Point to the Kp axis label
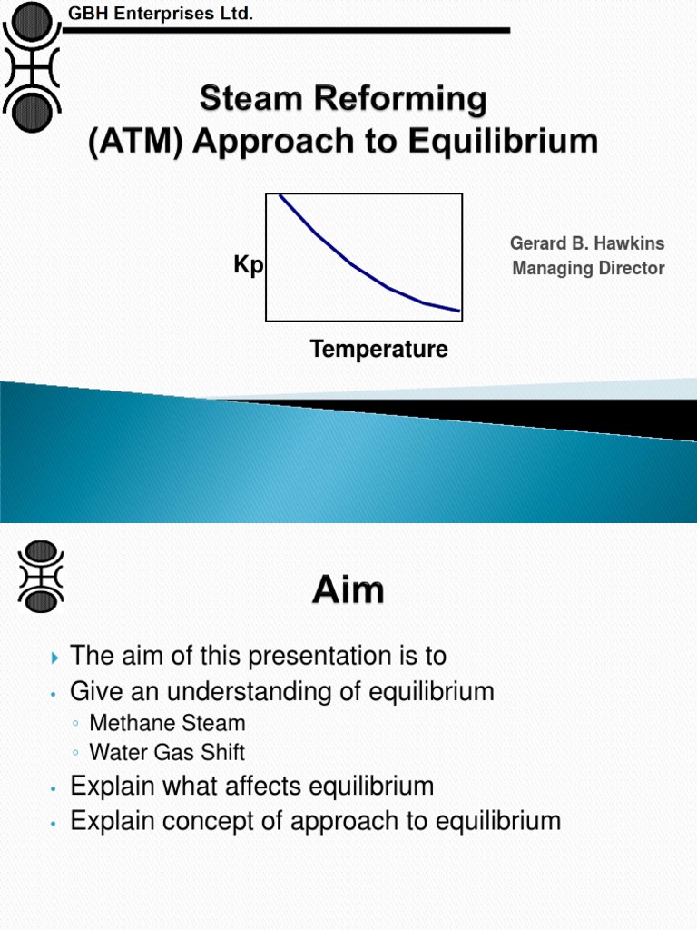pos(248,265)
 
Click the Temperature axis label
pos(378,349)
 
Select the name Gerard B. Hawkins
pos(587,243)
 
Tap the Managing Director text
pos(588,268)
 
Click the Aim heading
pos(348,591)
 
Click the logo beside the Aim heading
pos(40,575)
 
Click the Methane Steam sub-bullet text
pos(167,724)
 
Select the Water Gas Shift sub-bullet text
pos(167,752)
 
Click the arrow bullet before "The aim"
pos(54,657)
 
